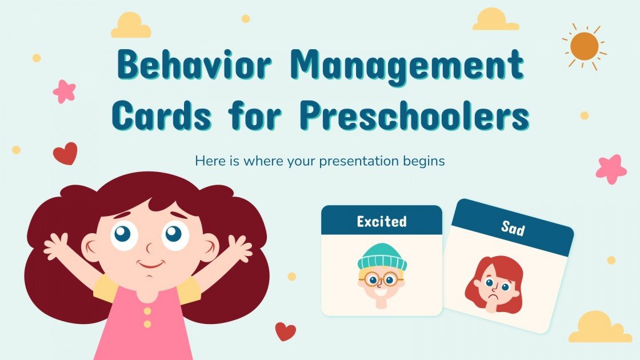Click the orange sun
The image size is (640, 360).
coord(583,45)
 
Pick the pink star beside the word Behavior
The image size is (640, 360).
coord(64,91)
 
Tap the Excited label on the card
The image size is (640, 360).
coord(381,221)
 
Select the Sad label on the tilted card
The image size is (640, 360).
coord(513,229)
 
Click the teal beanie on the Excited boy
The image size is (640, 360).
coord(382,257)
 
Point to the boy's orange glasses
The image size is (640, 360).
coord(381,280)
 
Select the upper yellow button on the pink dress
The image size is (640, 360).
coord(147,311)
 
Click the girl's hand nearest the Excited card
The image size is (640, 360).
coord(238,249)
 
